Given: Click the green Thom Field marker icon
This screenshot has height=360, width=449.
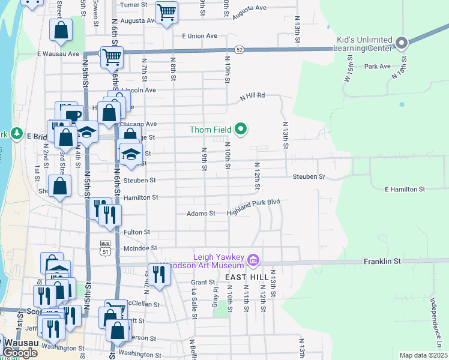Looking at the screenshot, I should pyautogui.click(x=241, y=129).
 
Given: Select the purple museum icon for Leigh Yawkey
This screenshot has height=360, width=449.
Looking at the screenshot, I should pyautogui.click(x=253, y=260).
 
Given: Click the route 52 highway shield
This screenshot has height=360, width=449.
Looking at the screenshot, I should pyautogui.click(x=240, y=50).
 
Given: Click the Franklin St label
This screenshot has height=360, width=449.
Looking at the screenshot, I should pyautogui.click(x=381, y=262).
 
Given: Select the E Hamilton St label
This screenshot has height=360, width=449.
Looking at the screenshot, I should pyautogui.click(x=405, y=189).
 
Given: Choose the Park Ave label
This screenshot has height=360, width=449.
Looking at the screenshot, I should pyautogui.click(x=377, y=66).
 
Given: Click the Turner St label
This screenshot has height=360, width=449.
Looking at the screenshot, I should pyautogui.click(x=133, y=5).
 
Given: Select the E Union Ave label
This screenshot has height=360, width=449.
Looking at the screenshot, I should pyautogui.click(x=200, y=36).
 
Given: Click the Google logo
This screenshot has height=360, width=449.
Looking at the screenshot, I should pyautogui.click(x=19, y=353).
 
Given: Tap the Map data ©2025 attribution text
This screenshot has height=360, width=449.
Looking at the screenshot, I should pyautogui.click(x=423, y=355).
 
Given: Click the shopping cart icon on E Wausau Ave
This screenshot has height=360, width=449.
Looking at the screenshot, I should pyautogui.click(x=111, y=57).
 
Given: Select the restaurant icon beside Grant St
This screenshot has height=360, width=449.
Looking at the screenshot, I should pyautogui.click(x=159, y=274).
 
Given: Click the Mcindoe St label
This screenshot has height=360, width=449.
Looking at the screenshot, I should pyautogui.click(x=140, y=247).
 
